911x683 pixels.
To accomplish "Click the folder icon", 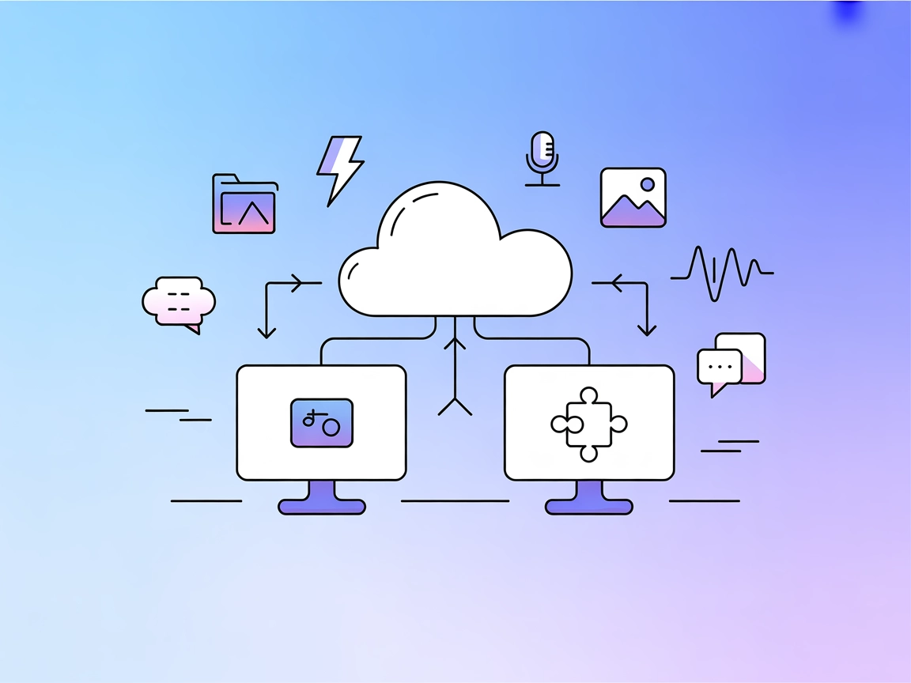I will (244, 206).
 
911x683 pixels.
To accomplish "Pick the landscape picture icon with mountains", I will (633, 198).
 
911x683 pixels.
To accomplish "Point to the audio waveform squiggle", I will (720, 274).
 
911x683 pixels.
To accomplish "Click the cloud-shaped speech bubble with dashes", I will (178, 302).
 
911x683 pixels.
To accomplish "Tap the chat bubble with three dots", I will (720, 367).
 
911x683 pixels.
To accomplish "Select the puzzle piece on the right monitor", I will (588, 424).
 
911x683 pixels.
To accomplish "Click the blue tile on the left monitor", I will (322, 423).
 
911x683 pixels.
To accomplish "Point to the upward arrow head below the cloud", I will (455, 341).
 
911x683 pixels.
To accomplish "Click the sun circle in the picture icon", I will (648, 184).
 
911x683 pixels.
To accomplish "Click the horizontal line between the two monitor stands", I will (455, 500).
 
